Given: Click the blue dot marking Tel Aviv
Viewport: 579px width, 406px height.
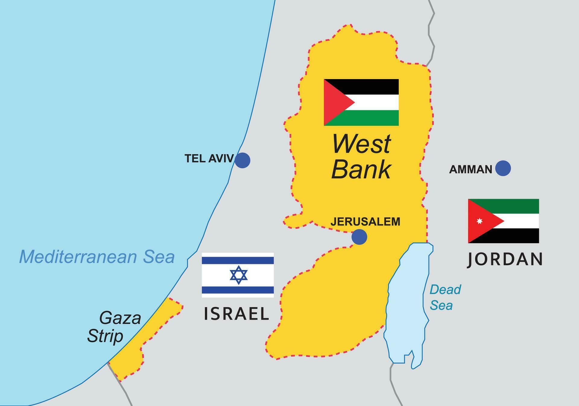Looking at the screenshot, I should click(242, 160).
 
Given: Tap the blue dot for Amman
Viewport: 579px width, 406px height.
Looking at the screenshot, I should click(503, 168).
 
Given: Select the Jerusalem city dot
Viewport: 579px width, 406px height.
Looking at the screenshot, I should click(359, 237).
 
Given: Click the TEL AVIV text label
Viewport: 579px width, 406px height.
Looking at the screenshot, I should click(209, 159).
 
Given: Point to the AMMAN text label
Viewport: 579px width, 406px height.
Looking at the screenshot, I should click(470, 170).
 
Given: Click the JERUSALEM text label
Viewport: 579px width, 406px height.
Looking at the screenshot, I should click(365, 222).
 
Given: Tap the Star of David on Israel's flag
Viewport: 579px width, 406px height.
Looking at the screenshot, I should click(239, 275).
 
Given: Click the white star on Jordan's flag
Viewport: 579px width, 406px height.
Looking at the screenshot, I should click(479, 221).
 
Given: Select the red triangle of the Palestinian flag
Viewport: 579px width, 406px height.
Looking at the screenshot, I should click(335, 103).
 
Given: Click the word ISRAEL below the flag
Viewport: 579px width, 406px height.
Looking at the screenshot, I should click(236, 314).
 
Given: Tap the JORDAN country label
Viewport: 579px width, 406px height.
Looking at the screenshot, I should click(505, 259).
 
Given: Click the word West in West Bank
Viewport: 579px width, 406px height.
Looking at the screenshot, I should click(361, 144).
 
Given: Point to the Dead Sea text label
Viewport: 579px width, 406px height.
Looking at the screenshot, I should click(445, 297).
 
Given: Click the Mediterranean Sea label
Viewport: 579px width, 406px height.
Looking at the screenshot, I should click(97, 257).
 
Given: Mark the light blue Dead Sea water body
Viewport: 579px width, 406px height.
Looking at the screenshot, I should click(407, 302).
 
